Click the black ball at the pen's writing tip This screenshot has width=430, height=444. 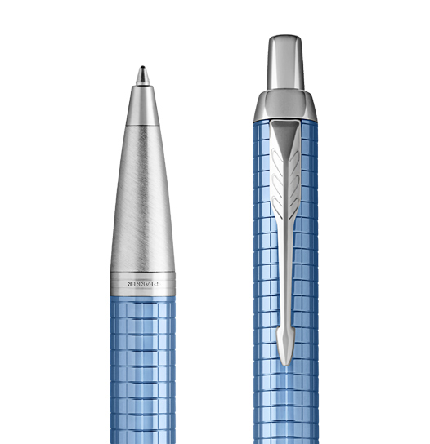(142, 68)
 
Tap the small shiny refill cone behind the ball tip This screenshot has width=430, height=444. (142, 77)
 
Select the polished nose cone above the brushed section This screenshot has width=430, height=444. (142, 105)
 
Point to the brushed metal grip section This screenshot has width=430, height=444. (142, 199)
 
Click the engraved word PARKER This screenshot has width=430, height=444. (141, 284)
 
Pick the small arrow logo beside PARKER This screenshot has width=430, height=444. (159, 284)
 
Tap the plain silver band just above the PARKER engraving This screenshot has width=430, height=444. (142, 276)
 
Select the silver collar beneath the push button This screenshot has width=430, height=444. (285, 105)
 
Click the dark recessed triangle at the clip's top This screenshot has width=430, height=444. (285, 137)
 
